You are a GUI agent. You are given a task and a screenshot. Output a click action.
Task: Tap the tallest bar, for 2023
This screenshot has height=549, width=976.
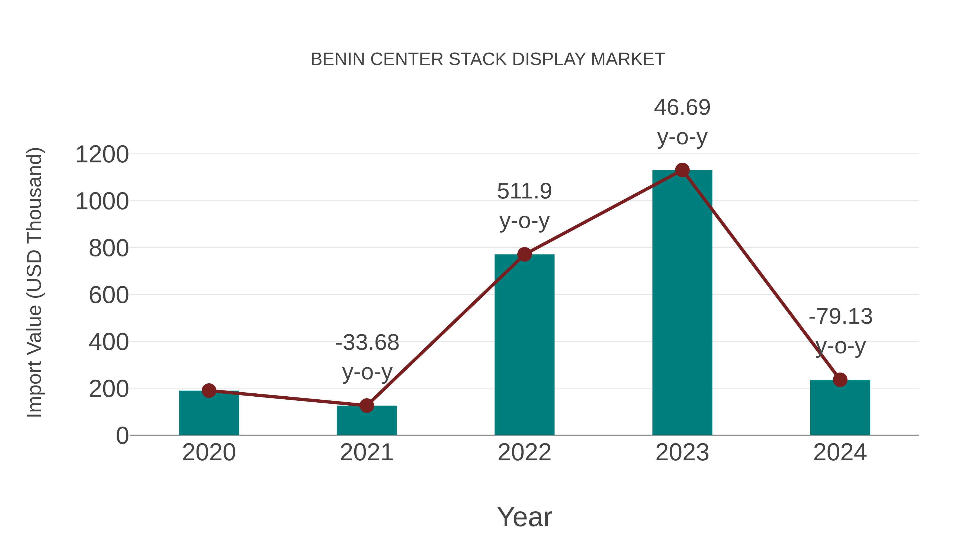682,303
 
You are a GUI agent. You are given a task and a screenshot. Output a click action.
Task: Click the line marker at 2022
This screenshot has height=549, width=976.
524,255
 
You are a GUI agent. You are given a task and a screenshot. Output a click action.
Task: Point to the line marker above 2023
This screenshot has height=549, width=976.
682,170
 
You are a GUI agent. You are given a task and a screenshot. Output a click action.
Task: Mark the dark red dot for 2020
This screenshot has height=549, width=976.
209,390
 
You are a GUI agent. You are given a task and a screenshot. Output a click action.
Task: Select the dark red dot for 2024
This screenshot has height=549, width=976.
840,380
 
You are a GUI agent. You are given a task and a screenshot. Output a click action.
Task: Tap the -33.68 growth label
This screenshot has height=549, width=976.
367,343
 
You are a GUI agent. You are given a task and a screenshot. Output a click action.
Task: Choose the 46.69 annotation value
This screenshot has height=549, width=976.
682,108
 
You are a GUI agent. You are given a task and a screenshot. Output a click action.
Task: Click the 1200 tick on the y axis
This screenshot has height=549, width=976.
102,155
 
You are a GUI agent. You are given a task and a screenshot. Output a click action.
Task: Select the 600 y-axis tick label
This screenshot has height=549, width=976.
109,295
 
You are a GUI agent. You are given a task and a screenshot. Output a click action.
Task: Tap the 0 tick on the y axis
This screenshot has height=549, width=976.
122,436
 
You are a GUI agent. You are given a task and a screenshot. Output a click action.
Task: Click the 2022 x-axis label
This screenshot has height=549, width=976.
524,452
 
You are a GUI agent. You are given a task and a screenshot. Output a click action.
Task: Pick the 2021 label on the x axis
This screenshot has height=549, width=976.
366,452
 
